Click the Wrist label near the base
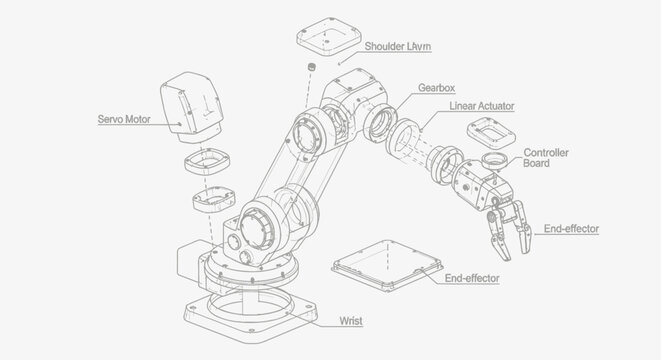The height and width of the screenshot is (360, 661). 351,321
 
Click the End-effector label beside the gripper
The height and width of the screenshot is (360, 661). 571,229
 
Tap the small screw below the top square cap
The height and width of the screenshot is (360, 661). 310,68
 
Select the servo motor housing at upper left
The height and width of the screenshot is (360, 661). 196,102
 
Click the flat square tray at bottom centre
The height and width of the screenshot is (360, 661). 387,264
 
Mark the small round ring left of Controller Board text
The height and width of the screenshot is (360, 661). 493,159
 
